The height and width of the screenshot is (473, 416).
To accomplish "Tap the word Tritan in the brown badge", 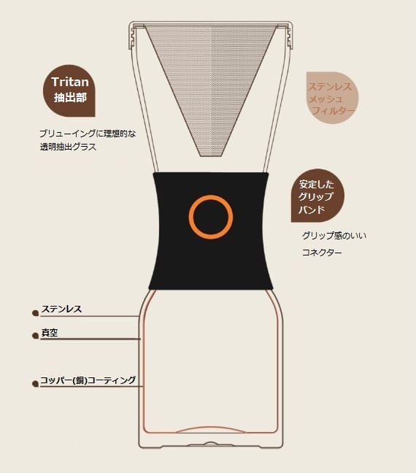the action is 70,82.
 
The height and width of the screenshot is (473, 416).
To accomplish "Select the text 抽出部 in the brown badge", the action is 70,97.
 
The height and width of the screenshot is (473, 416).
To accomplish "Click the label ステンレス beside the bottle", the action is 61,309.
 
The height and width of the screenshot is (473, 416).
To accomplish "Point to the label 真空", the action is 50,333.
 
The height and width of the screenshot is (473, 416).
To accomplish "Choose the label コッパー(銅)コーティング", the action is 88,380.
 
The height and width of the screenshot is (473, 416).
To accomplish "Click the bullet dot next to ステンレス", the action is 35,313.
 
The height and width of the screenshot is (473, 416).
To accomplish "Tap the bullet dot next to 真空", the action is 35,336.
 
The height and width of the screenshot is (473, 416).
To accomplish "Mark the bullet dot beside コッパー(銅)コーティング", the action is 35,384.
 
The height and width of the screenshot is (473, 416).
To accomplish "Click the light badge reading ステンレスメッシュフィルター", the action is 332,98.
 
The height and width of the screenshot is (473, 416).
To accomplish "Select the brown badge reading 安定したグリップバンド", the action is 317,196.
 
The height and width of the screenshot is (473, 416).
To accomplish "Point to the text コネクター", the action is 322,252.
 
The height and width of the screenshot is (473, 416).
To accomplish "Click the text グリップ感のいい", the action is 334,235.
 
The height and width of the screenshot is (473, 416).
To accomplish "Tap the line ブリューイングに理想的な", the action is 88,134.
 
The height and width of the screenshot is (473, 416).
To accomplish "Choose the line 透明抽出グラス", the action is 68,147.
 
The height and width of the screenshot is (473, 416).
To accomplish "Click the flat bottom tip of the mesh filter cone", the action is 212,155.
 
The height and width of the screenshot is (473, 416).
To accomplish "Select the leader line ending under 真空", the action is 90,339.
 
